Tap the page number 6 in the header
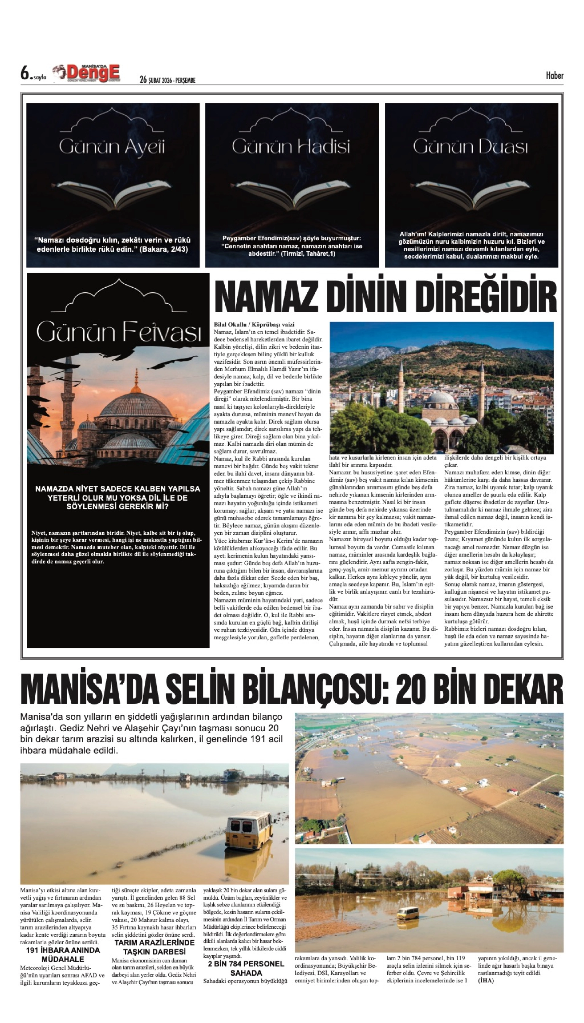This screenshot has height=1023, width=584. (25, 74)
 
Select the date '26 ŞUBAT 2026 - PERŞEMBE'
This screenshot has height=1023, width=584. (167, 80)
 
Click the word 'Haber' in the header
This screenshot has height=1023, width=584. (554, 75)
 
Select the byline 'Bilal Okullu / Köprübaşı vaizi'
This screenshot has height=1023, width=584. (254, 324)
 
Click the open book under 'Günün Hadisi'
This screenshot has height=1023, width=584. (292, 195)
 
